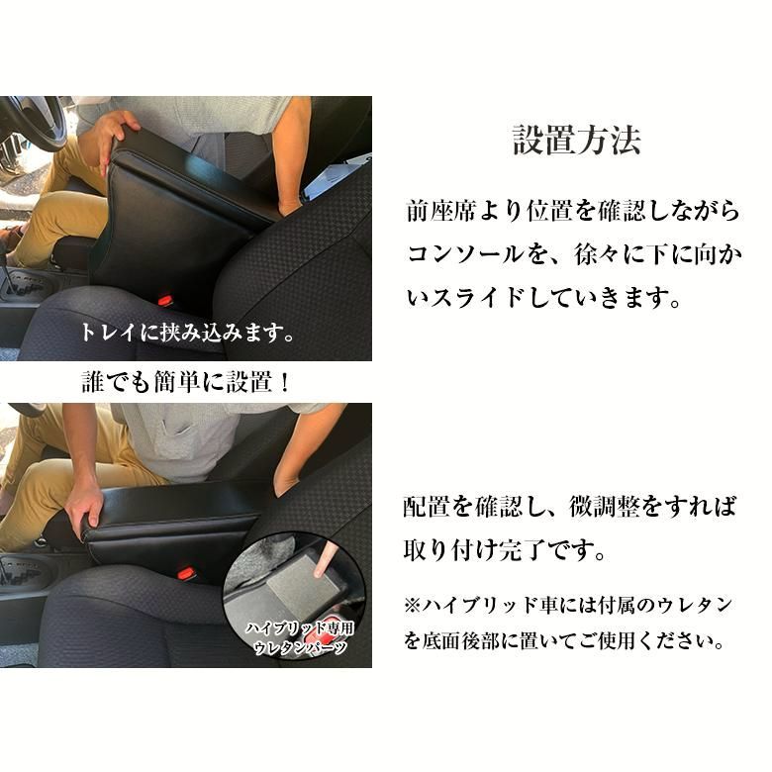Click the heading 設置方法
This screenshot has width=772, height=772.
click(x=577, y=140)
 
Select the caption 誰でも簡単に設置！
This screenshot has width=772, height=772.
click(x=186, y=383)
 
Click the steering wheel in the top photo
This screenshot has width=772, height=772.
click(x=30, y=124)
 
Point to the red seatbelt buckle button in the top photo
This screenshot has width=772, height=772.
click(x=164, y=298)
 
